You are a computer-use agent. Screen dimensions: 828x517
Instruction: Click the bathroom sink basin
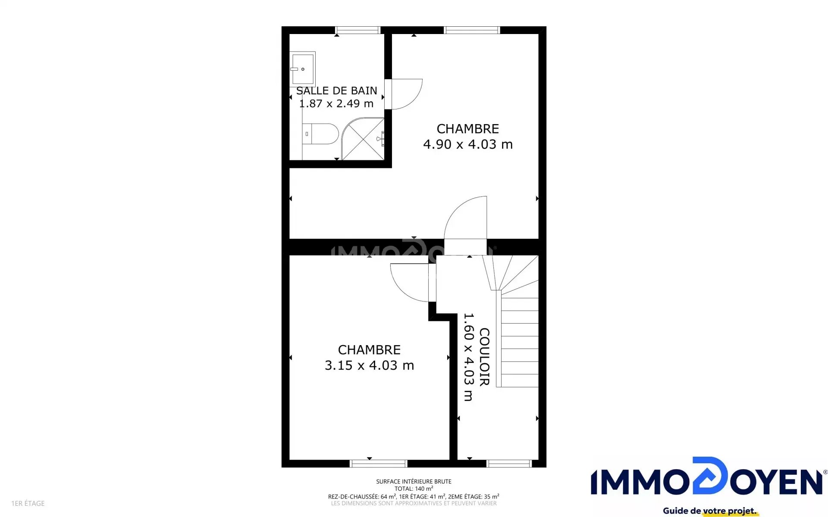[302, 69]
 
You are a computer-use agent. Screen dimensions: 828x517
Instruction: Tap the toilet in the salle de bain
[320, 134]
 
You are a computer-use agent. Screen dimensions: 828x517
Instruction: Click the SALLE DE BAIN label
[336, 90]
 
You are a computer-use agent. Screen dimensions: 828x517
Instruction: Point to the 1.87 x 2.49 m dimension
[336, 103]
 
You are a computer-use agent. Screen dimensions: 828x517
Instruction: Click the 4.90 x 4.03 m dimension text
[468, 144]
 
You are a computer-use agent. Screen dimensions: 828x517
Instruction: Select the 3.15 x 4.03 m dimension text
[369, 365]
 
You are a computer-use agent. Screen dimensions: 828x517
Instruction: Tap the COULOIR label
[484, 357]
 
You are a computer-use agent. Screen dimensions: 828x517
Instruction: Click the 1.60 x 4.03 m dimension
[468, 357]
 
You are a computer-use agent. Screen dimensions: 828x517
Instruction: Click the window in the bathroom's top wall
[358, 30]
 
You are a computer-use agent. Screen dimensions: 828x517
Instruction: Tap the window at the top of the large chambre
[472, 30]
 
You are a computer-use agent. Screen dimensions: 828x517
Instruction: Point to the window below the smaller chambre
[378, 464]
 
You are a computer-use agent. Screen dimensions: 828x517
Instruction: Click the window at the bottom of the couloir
[509, 464]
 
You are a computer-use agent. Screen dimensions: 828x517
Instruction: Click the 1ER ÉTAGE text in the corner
[28, 503]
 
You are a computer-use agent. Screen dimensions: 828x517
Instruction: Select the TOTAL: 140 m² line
[414, 489]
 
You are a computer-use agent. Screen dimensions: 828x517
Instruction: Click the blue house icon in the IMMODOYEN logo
[710, 476]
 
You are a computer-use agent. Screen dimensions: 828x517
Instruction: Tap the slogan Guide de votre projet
[710, 511]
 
